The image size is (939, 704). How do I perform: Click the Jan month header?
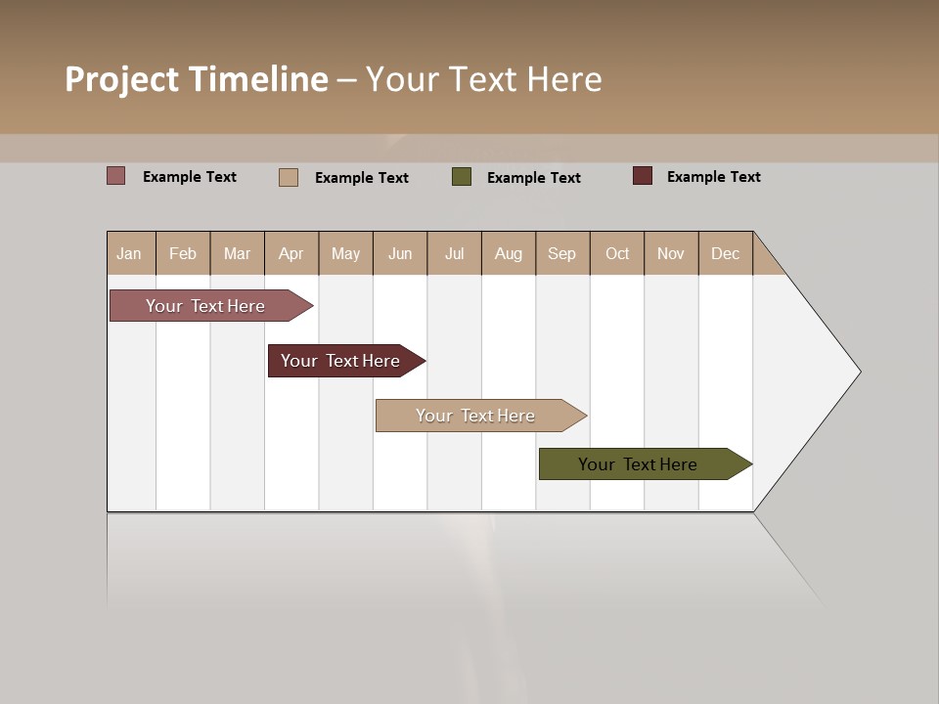point(129,253)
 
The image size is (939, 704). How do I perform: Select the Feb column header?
point(183,253)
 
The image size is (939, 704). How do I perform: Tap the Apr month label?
point(291,253)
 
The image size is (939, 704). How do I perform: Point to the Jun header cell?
point(400,253)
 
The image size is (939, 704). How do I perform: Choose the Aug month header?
point(509,253)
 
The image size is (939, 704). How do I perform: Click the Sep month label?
point(561,253)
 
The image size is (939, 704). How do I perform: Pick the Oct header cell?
point(617,253)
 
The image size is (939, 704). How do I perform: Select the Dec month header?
point(725,253)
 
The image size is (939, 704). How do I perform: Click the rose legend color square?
point(116,176)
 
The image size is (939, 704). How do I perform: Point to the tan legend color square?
point(289,177)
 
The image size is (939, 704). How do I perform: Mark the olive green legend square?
point(462,177)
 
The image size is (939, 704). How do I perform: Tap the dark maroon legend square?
point(643,176)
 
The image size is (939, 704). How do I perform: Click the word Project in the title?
point(122,79)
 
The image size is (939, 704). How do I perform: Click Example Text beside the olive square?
point(534,177)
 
